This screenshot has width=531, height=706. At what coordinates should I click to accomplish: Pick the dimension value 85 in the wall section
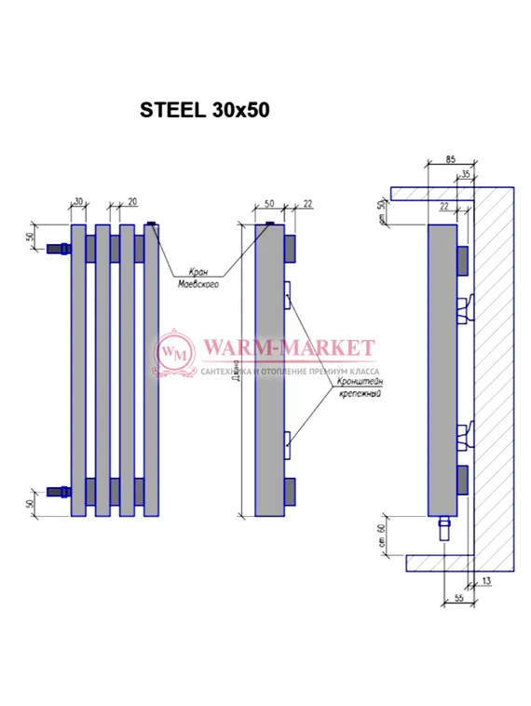click(451, 160)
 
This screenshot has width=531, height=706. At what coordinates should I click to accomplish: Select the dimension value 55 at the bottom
click(459, 598)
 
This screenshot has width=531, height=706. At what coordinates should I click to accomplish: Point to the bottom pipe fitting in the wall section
click(445, 531)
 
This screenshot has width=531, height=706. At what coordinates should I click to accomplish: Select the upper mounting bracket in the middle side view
click(288, 296)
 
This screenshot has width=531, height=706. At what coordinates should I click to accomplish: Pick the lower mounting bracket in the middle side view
click(288, 442)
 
